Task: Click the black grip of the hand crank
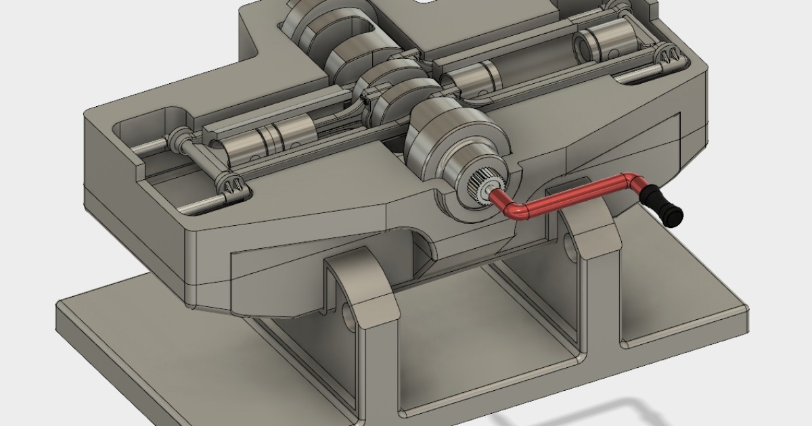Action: pyautogui.click(x=663, y=207)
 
